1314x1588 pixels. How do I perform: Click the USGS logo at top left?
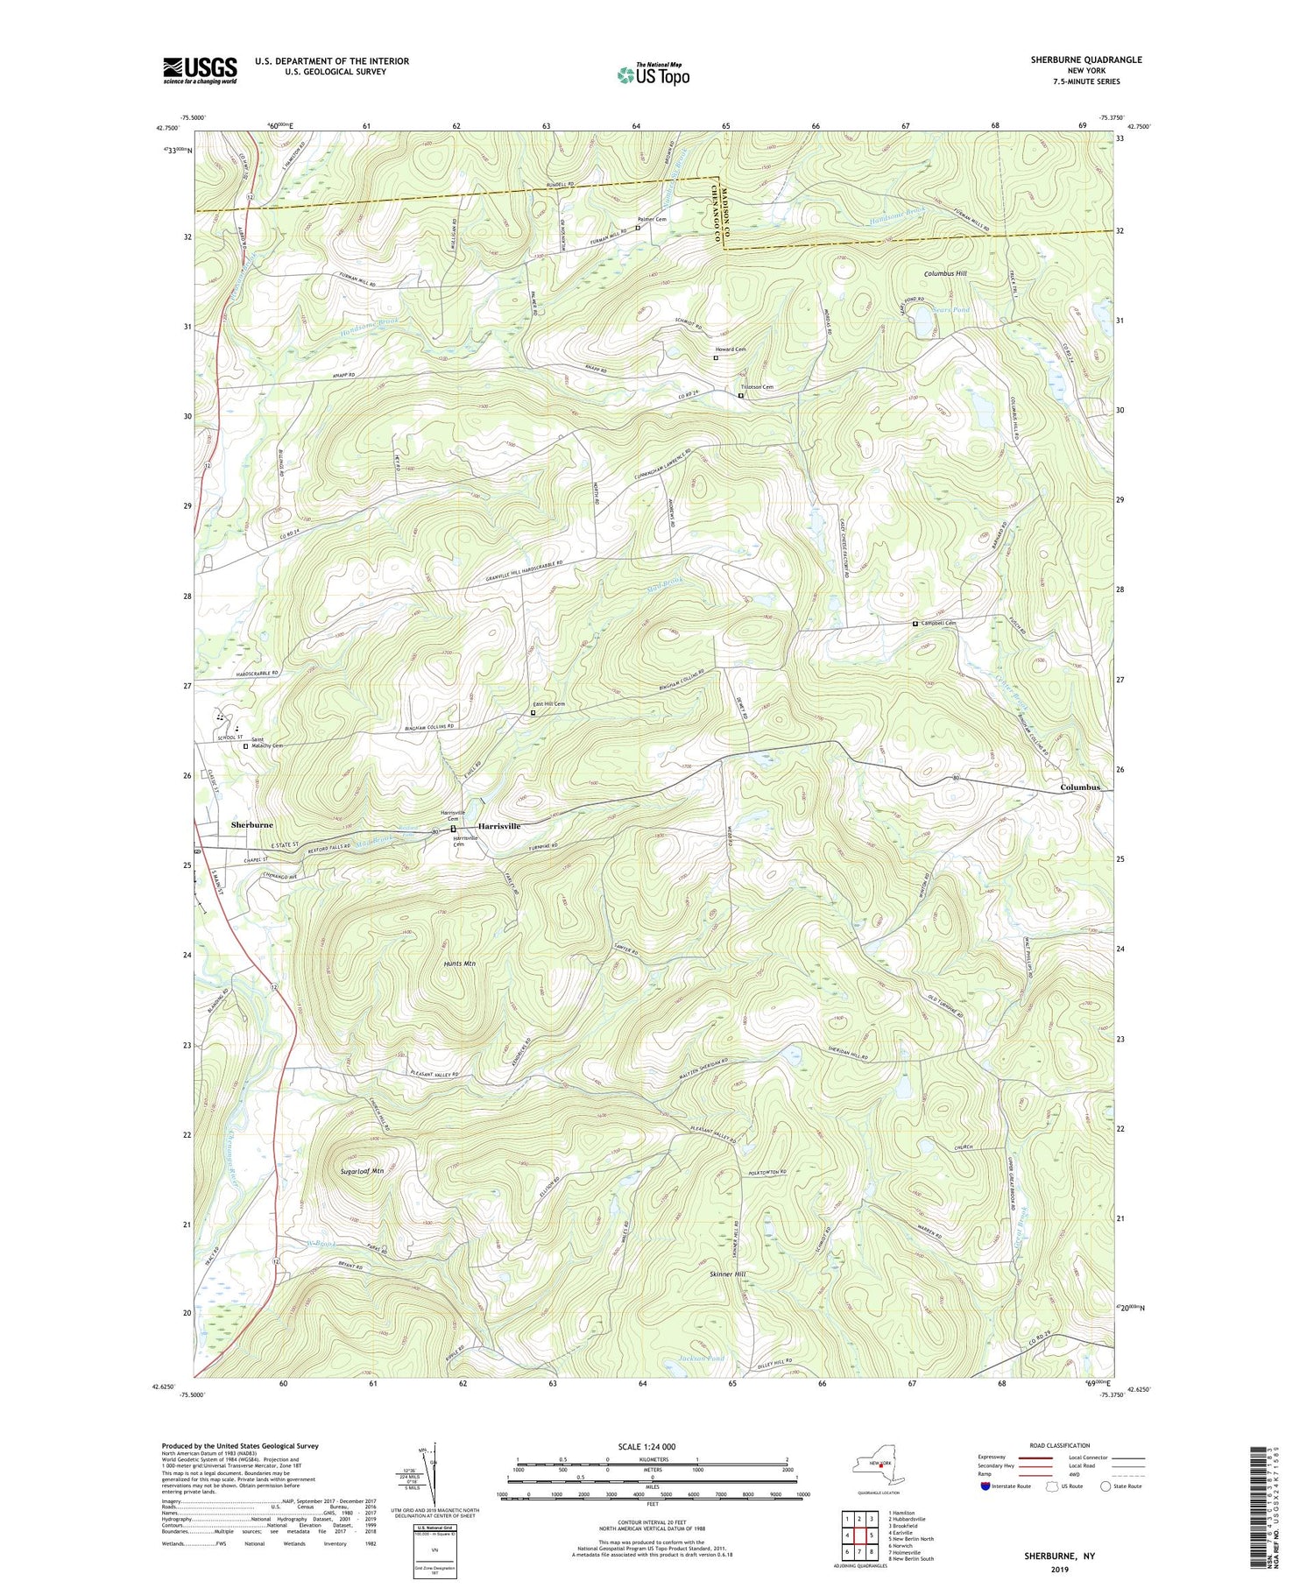(200, 70)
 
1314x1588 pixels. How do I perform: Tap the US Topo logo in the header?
(653, 74)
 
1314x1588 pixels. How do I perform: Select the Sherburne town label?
(251, 825)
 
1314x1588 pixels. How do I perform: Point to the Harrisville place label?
(498, 826)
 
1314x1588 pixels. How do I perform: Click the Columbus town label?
(1079, 787)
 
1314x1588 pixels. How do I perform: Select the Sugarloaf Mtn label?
(362, 1170)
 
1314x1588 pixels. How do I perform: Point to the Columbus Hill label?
(945, 274)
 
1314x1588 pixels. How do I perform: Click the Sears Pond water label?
(950, 310)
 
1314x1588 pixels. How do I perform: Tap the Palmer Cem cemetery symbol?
(638, 228)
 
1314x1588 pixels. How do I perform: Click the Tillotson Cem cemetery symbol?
(740, 396)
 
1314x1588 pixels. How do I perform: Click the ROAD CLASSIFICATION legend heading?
(1060, 1445)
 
